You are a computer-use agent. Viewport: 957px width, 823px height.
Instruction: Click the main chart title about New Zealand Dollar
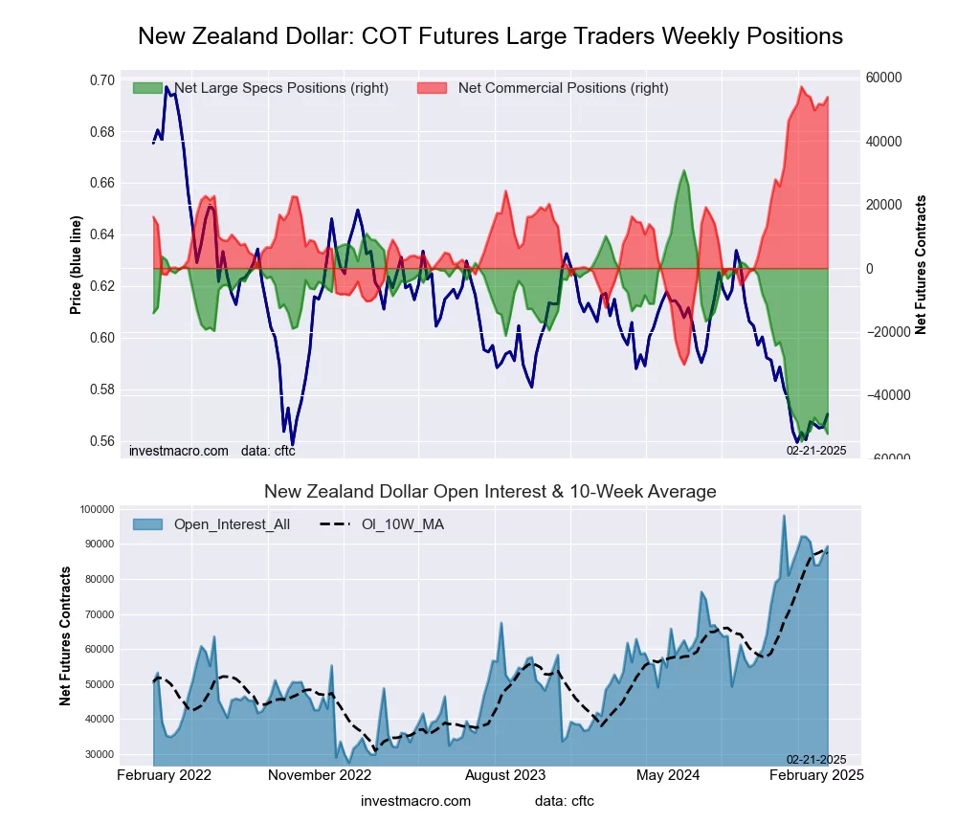(x=490, y=36)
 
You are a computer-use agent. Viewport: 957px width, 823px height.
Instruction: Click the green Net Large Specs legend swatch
(x=147, y=88)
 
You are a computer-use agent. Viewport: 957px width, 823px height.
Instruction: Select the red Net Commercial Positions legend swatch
(x=433, y=88)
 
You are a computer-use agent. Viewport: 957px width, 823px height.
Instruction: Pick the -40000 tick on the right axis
(x=885, y=394)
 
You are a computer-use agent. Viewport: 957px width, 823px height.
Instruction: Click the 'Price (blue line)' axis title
(x=76, y=265)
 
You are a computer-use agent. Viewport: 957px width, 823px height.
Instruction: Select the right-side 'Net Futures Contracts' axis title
(x=921, y=265)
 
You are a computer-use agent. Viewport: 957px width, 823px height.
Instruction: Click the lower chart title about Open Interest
(x=490, y=492)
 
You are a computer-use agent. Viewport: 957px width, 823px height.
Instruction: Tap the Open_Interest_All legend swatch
(x=147, y=523)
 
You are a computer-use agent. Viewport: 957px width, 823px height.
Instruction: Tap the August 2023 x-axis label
(x=518, y=775)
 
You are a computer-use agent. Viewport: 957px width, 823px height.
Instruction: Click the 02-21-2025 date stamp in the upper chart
(x=816, y=450)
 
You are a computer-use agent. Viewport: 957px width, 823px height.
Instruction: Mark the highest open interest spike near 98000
(x=784, y=516)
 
